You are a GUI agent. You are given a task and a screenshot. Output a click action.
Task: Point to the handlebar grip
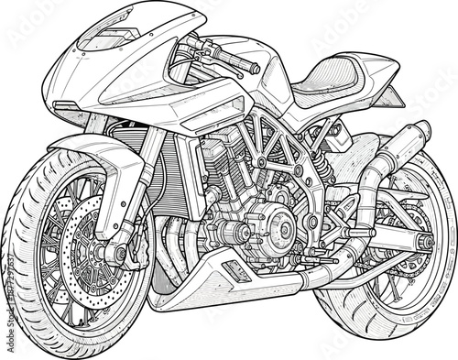coord(241,63)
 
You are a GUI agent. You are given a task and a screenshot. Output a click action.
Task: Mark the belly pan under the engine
coord(220,279)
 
